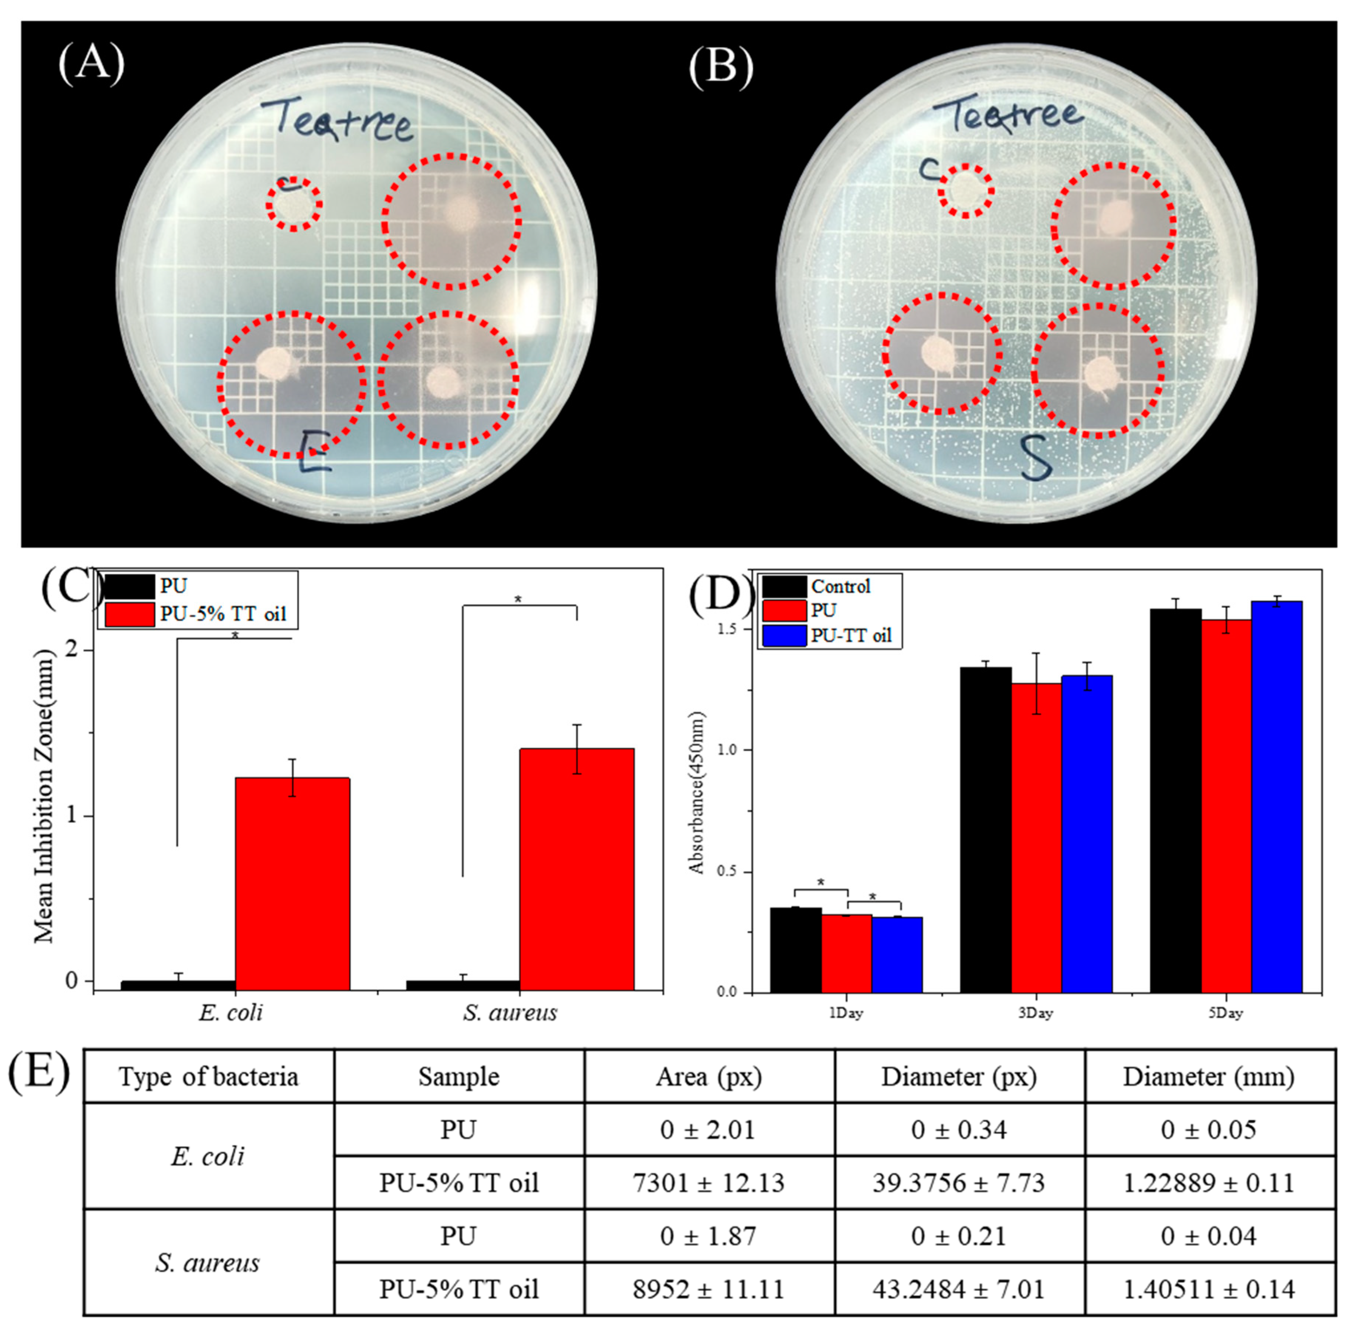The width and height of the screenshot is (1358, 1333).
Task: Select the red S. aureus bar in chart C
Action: point(576,868)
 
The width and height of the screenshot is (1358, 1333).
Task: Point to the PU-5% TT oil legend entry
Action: point(222,614)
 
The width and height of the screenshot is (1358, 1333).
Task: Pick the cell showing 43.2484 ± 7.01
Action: point(958,1289)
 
